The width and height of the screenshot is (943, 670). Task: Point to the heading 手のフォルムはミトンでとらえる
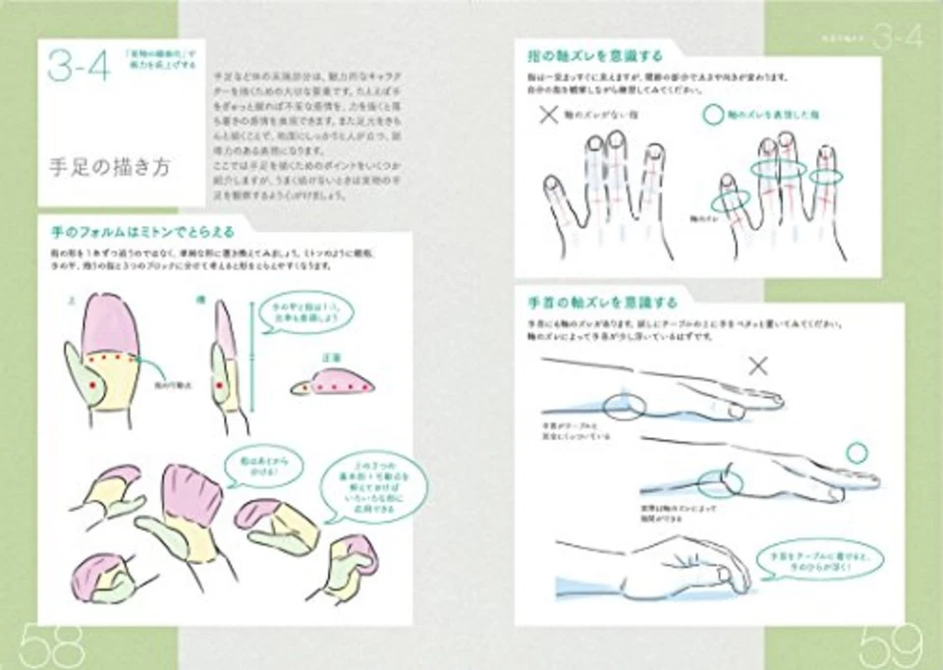tap(142, 232)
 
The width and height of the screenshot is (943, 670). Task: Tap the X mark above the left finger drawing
tap(549, 115)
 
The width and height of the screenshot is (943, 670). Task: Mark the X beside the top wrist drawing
tap(757, 366)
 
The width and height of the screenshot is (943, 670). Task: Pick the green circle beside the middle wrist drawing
tap(857, 453)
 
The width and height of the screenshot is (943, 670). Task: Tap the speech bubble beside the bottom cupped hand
tap(821, 562)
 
